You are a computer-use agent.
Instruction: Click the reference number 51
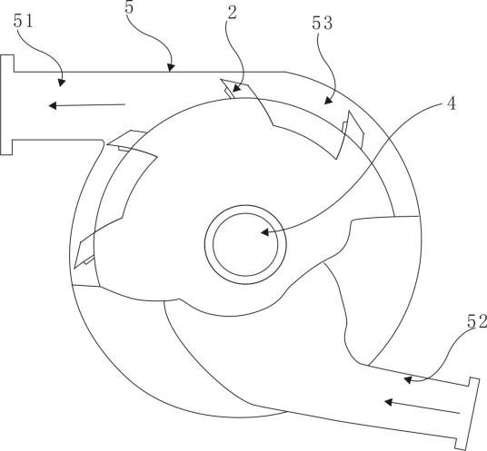(x=23, y=22)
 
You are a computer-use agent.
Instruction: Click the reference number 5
(x=129, y=7)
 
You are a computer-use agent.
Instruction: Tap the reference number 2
(x=232, y=13)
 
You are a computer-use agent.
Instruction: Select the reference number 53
(x=322, y=23)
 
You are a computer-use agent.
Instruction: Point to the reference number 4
(x=452, y=103)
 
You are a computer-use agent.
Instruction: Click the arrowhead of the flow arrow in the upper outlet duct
(x=53, y=106)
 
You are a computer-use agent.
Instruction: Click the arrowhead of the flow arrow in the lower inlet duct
(x=388, y=402)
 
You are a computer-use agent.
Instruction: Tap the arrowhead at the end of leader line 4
(x=265, y=232)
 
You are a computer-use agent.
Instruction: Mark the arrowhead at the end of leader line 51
(x=62, y=83)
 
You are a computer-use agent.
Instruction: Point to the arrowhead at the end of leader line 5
(x=171, y=67)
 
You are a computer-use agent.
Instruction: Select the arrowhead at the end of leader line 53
(x=328, y=100)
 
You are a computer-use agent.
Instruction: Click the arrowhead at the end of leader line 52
(x=408, y=379)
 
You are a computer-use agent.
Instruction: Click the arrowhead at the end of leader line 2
(x=236, y=88)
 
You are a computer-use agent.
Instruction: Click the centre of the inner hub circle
(x=245, y=244)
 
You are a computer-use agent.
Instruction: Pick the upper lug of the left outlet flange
(x=7, y=64)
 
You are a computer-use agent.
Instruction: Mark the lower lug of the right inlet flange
(x=461, y=444)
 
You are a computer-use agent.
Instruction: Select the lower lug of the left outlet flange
(x=6, y=147)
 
